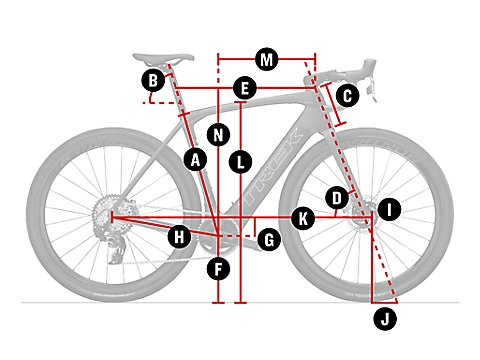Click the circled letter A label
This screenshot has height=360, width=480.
pos(195,160)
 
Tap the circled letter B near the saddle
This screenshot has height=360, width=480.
pos(153,80)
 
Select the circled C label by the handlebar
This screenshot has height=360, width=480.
pos(347,96)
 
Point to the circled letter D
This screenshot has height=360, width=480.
pos(337,198)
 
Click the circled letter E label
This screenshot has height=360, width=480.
pos(245,88)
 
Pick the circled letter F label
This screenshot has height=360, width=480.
pos(218,269)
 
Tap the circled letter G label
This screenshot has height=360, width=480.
pos(269,239)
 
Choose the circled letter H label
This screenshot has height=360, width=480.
pos(179,237)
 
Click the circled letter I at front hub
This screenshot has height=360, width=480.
pos(389,209)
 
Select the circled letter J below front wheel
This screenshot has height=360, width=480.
pos(385,319)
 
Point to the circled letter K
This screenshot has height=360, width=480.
pos(303,219)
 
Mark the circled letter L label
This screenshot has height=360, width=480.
pos(240,162)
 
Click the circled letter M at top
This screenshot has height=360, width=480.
pos(266,60)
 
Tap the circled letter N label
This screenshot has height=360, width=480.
pos(218,135)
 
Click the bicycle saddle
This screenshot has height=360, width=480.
pos(163,58)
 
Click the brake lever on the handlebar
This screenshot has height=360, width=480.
pos(372,87)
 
